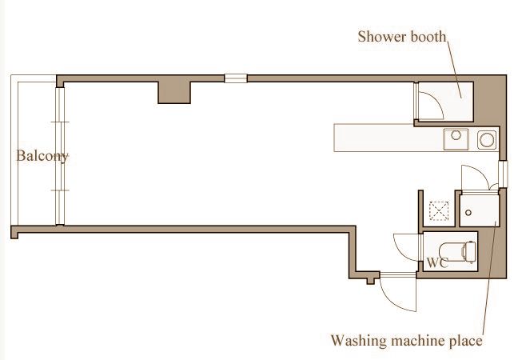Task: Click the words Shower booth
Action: pos(401,36)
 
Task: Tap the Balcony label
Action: pos(42,156)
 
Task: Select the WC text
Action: pos(436,262)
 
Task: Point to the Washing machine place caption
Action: pos(407,341)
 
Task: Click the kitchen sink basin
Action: pos(456,139)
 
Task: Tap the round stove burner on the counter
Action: pos(486,140)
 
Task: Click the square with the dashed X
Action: pos(438,211)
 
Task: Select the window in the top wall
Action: pos(236,78)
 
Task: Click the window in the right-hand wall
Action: pos(502,172)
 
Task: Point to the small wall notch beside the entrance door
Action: pos(369,281)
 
